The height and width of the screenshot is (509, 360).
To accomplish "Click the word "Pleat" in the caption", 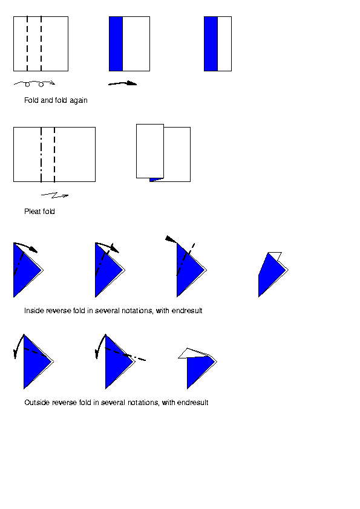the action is coord(31,212).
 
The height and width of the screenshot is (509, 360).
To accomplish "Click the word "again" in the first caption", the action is coord(78,100).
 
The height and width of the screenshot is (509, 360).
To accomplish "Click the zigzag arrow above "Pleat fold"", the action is coord(54,195).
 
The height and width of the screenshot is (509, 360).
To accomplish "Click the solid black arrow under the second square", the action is coord(122,83).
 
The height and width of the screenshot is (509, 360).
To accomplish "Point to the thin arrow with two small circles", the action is coord(34,83).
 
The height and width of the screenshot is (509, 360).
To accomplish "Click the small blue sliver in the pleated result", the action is coord(155,180).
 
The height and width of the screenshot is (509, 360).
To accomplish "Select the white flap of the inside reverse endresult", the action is coord(275,256).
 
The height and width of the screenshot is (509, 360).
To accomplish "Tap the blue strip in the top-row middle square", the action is coord(116,44).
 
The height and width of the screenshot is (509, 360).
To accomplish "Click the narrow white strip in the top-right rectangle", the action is coord(224,44).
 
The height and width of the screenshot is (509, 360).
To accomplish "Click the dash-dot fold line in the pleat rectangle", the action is coord(41,155).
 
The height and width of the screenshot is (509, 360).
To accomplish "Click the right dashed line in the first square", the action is coord(41,44).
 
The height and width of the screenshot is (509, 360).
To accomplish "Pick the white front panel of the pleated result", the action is coord(150,151).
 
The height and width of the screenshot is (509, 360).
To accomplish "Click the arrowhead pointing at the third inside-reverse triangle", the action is coord(171,239).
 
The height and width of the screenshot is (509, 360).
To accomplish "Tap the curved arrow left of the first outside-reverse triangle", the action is coord(18,345).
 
